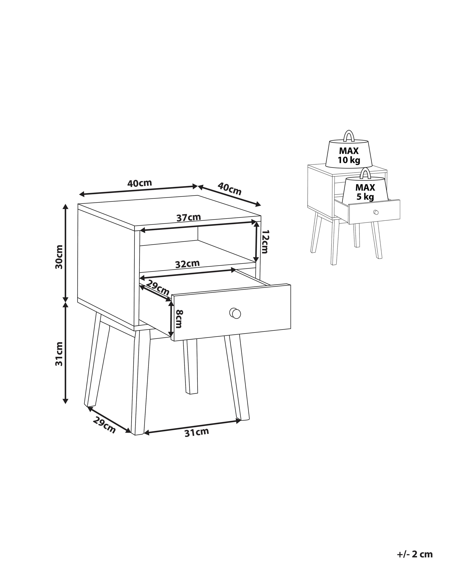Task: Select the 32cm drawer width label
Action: (x=187, y=264)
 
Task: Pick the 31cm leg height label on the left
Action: (x=59, y=354)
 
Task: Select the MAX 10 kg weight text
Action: (x=349, y=156)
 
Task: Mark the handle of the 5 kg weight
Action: (x=366, y=173)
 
